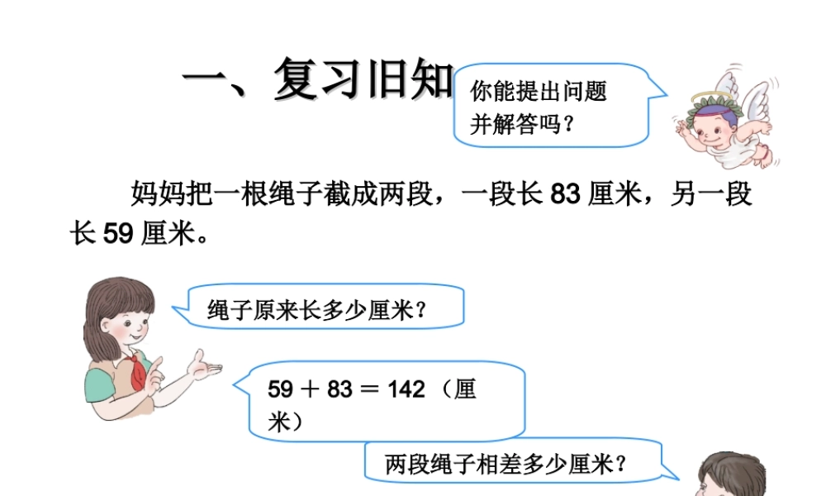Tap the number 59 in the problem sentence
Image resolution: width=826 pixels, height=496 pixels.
pos(118,235)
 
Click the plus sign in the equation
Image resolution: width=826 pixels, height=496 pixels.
pos(312,389)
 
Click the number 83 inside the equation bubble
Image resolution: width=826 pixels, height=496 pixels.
pos(339,389)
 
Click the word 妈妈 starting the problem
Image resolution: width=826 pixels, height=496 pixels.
pos(153,195)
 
